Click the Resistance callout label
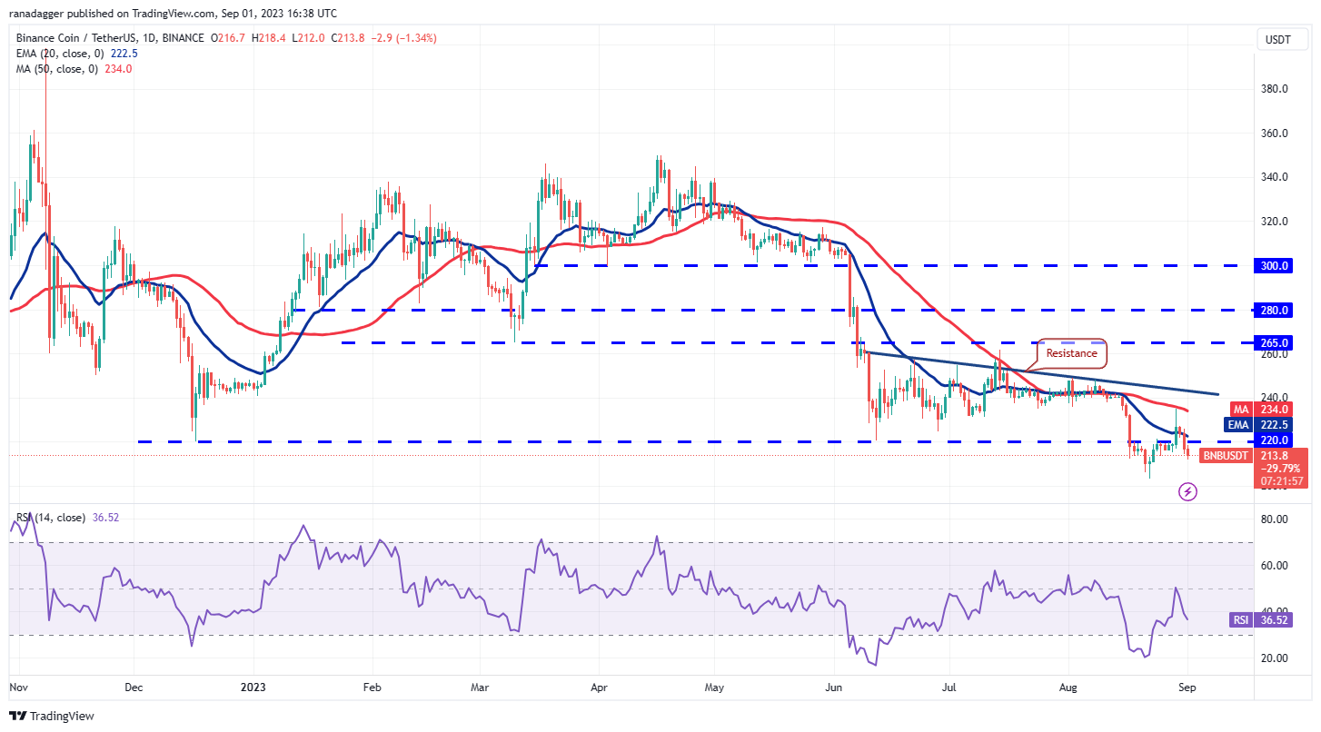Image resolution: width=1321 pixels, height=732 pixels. tap(1071, 353)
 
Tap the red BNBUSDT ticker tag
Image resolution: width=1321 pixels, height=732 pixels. tap(1227, 455)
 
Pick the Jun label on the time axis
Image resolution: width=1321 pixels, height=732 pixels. tap(833, 688)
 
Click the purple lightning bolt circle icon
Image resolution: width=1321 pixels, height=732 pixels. tap(1187, 492)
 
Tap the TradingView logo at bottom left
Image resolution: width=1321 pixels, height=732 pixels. tap(52, 716)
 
